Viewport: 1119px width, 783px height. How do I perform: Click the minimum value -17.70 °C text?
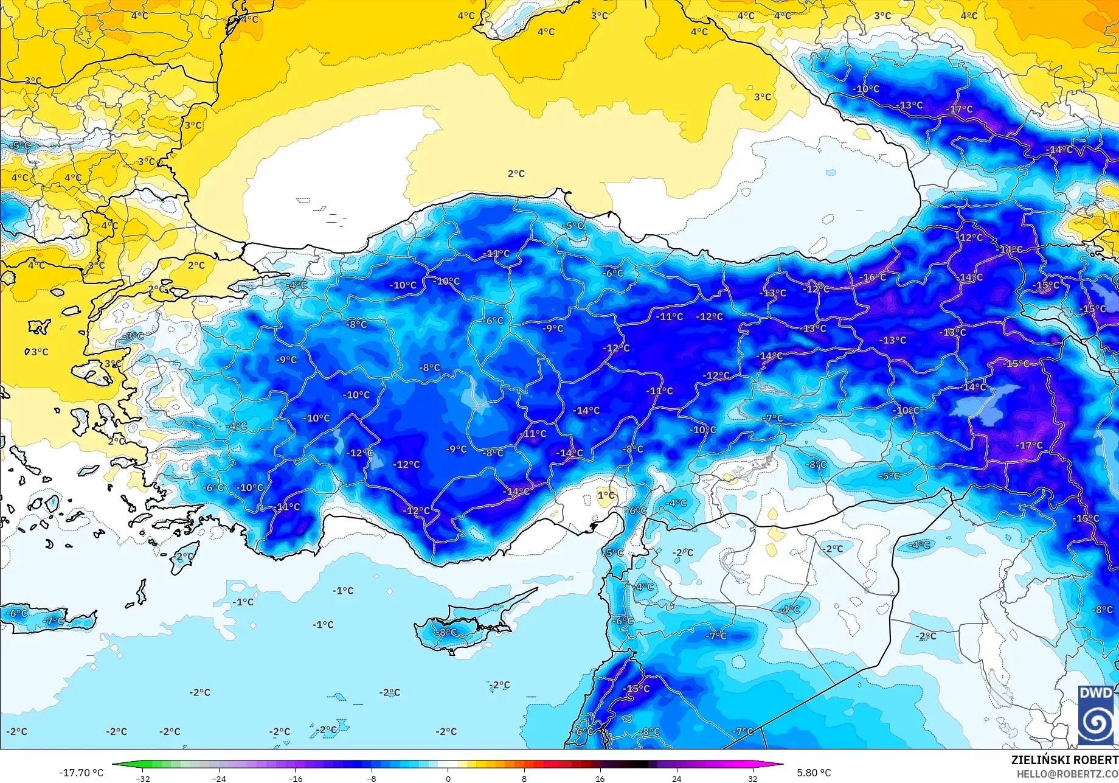coord(81,773)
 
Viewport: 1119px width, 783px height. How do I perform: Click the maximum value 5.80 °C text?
coord(813,773)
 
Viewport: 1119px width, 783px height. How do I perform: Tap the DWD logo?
coord(1096,715)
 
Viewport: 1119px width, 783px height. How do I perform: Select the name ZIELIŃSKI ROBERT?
coord(1064,760)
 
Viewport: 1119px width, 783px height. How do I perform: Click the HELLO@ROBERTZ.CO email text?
coord(1067,774)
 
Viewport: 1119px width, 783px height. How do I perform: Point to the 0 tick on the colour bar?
coord(448,778)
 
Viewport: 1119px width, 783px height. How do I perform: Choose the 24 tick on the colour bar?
coord(676,778)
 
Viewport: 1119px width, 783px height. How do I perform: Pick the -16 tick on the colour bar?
coord(295,778)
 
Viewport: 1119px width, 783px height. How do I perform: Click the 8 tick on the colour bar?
coord(524,778)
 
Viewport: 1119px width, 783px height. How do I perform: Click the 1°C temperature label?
coord(606,495)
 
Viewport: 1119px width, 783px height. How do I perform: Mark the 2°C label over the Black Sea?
coord(516,174)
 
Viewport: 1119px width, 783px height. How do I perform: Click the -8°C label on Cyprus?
coord(447,632)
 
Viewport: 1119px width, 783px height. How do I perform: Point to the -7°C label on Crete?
coord(54,621)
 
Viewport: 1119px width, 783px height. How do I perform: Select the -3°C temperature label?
coord(133,336)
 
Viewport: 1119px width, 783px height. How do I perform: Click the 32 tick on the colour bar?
coord(752,778)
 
